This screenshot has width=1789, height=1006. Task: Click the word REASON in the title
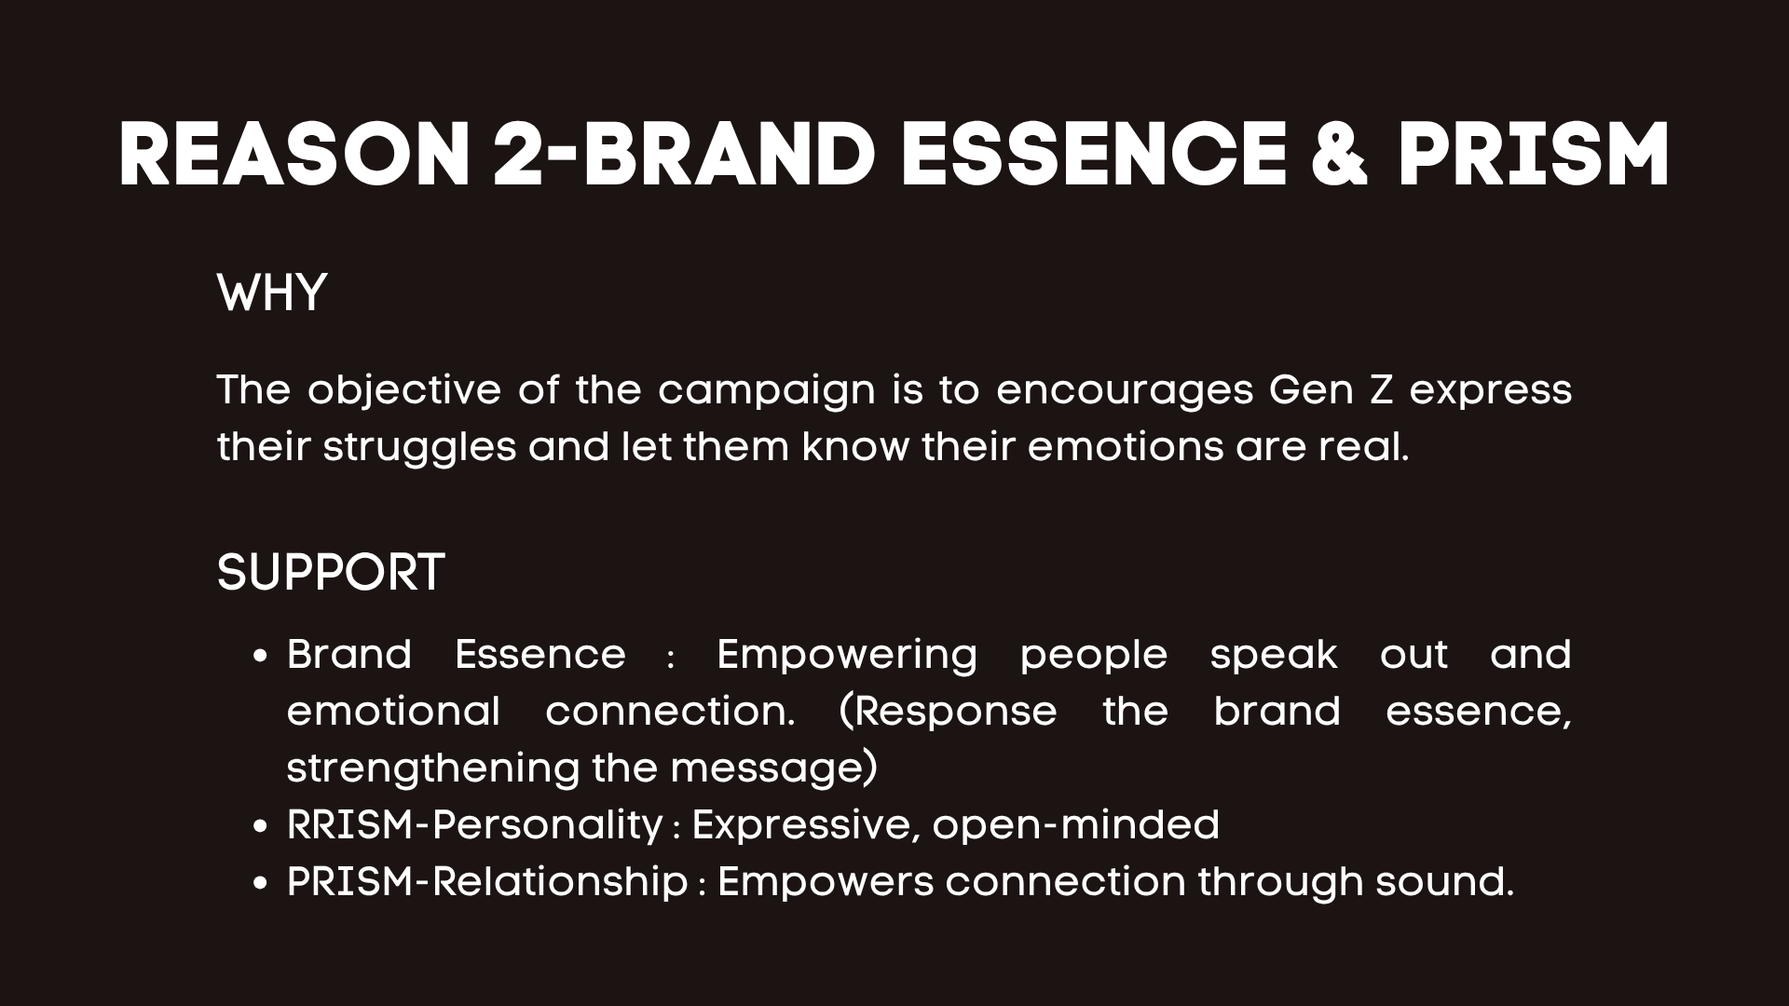pos(294,156)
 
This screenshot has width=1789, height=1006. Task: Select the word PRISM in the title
pos(1534,156)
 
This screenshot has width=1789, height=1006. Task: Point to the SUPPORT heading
pos(331,572)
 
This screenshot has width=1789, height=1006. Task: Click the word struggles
pos(419,448)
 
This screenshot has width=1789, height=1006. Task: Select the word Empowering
pos(847,656)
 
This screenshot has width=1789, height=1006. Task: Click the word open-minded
pos(1075,825)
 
